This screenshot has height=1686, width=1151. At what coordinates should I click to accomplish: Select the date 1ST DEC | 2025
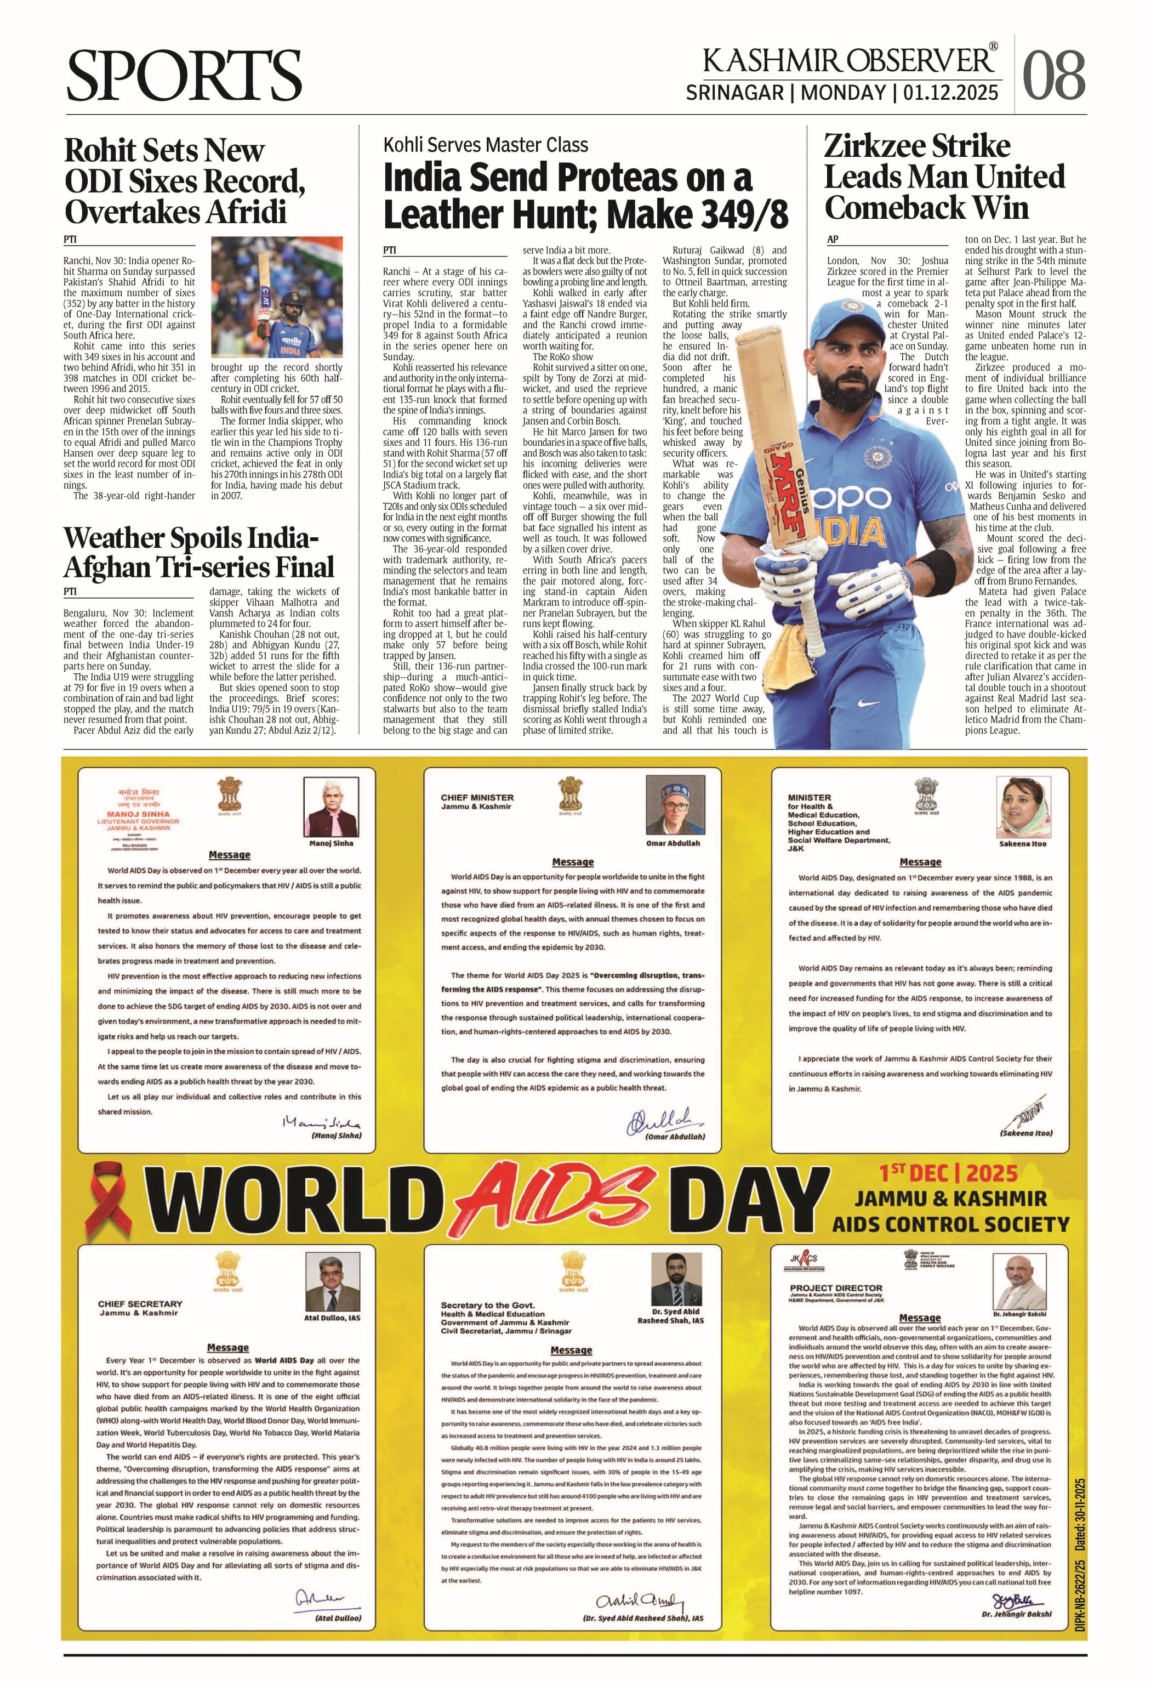[949, 1173]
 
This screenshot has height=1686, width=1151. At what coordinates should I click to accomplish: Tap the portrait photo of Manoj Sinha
[330, 808]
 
